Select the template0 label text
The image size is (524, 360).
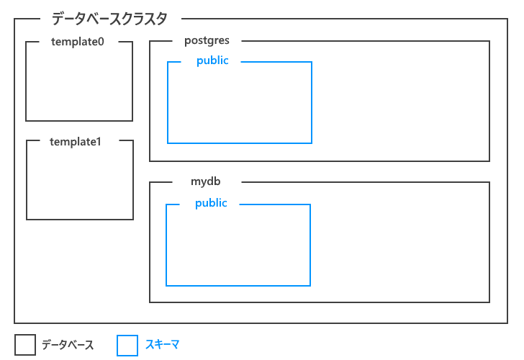(x=78, y=42)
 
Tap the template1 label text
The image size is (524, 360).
(x=76, y=141)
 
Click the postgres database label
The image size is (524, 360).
(x=207, y=41)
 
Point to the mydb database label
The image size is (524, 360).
(x=205, y=182)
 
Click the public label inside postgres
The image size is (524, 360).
(x=212, y=61)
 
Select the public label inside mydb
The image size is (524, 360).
(x=211, y=204)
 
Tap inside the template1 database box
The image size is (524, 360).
(x=79, y=184)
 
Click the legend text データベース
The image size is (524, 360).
(x=68, y=346)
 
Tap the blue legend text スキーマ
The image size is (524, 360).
(x=162, y=345)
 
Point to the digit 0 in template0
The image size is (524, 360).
(x=101, y=42)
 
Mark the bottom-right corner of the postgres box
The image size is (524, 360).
(x=489, y=161)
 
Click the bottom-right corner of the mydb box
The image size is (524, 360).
(x=489, y=302)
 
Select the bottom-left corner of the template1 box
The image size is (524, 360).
(x=27, y=220)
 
